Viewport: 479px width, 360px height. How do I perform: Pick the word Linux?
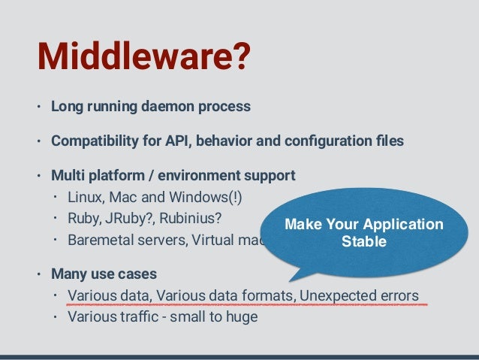[84, 198]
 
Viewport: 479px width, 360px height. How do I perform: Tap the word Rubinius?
[191, 221]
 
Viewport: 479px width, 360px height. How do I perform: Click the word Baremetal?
[99, 242]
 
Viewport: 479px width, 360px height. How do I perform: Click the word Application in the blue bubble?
[406, 225]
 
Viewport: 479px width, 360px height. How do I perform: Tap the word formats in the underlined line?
[269, 294]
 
